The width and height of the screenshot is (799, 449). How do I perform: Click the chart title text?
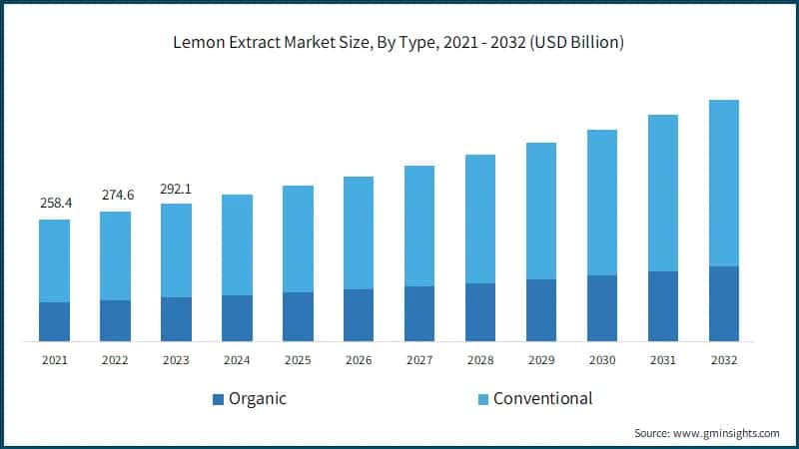pyautogui.click(x=399, y=42)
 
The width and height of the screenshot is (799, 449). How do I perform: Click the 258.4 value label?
pyautogui.click(x=54, y=204)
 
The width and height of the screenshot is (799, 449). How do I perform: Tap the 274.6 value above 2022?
pyautogui.click(x=115, y=196)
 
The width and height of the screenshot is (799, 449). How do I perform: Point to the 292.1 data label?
pyautogui.click(x=176, y=188)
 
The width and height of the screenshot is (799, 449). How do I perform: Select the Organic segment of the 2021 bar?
pyautogui.click(x=54, y=321)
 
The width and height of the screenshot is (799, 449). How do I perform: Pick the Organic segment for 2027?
pyautogui.click(x=418, y=313)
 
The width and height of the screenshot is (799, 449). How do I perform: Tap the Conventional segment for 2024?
pyautogui.click(x=237, y=244)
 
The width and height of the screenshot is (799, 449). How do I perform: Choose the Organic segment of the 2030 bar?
pyautogui.click(x=601, y=308)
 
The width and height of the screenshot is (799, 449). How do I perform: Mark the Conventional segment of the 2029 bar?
pyautogui.click(x=540, y=211)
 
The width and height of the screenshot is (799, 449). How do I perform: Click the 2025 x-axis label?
pyautogui.click(x=298, y=359)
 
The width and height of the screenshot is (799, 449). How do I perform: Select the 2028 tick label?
pyautogui.click(x=479, y=359)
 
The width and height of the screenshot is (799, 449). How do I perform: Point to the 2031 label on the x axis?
pyautogui.click(x=662, y=359)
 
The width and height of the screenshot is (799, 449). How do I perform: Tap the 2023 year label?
pyautogui.click(x=176, y=359)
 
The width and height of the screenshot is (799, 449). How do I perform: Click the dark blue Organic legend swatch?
pyautogui.click(x=218, y=400)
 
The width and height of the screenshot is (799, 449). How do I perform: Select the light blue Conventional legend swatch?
pyautogui.click(x=482, y=400)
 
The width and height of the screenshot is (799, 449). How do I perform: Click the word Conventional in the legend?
pyautogui.click(x=542, y=399)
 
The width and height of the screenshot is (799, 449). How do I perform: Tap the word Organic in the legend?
pyautogui.click(x=258, y=399)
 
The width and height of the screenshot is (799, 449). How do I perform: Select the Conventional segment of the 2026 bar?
pyautogui.click(x=359, y=232)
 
